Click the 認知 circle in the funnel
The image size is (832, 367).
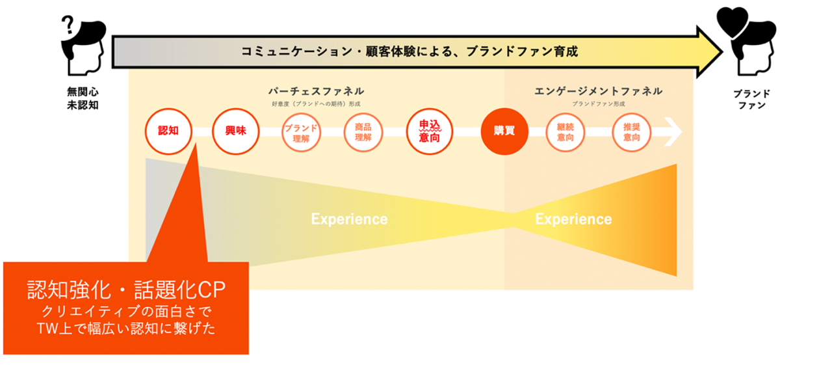coord(168,131)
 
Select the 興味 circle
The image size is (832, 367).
coord(235,131)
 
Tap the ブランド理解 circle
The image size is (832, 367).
coord(300,132)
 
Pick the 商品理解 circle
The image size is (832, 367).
coord(363,132)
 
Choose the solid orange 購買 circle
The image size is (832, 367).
coord(504,131)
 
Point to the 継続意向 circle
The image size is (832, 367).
coord(565,132)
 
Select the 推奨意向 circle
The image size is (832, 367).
coord(631,132)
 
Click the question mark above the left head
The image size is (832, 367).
coord(68,25)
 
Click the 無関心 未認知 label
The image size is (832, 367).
coord(83,98)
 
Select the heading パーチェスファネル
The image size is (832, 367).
coord(316,91)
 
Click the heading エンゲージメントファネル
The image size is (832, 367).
coord(598,91)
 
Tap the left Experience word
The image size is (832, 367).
coord(349,219)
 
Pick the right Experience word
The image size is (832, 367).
coord(573,219)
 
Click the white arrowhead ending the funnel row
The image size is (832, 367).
coord(674,132)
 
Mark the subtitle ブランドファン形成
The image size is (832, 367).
coord(598,103)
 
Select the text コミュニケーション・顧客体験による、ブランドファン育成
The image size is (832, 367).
coord(409,51)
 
